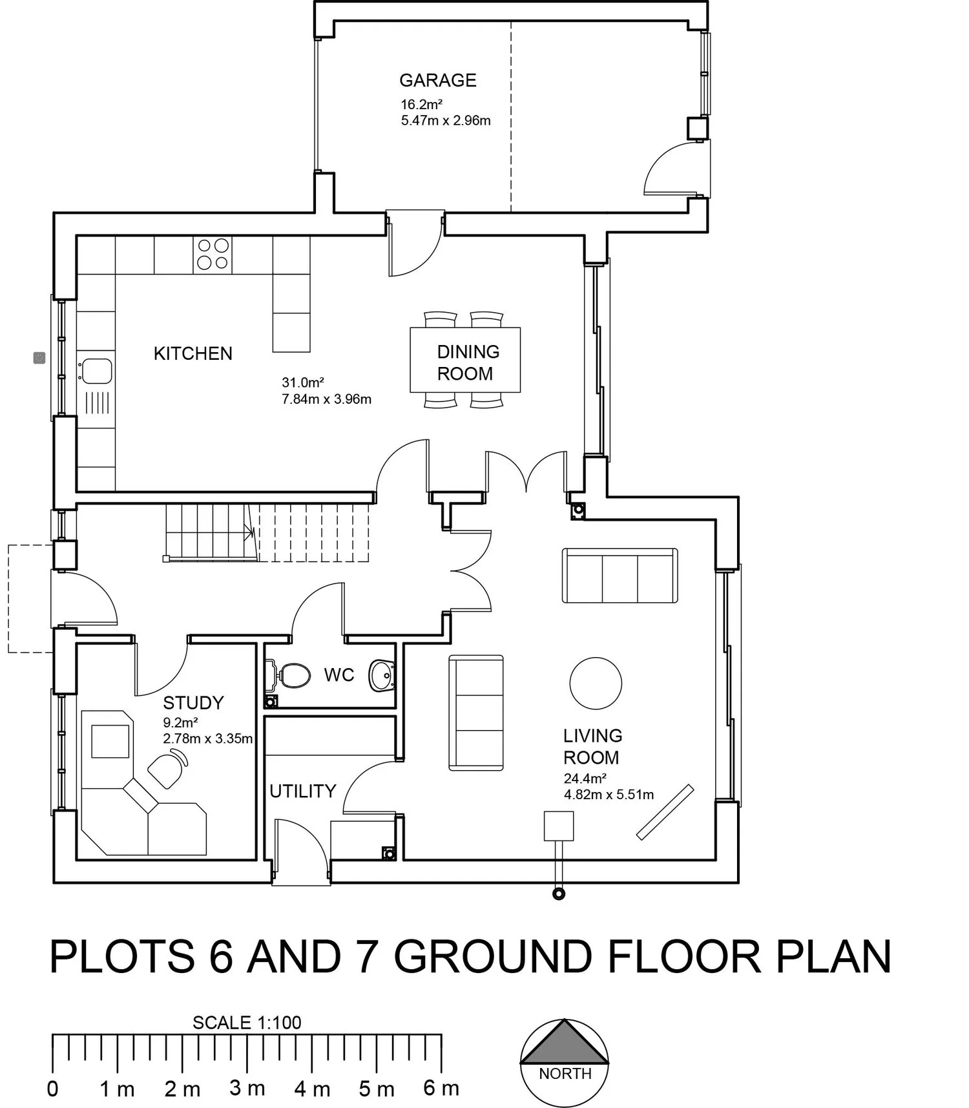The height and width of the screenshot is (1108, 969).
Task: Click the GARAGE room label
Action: coord(437,80)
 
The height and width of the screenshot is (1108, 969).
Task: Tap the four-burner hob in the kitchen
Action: coord(213,254)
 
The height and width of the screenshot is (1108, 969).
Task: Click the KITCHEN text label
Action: coord(193,353)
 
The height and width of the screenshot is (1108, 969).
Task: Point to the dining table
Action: coord(465,361)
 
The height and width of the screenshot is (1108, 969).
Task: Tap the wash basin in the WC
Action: coord(382,675)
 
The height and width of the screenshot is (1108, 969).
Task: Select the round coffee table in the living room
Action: coord(596,684)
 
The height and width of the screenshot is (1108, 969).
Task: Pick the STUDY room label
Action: coord(193,703)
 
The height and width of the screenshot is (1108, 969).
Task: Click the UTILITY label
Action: coord(302,791)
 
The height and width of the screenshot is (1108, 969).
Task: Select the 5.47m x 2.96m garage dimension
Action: coord(446,121)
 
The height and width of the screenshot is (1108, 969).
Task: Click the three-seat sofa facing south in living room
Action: coord(620,576)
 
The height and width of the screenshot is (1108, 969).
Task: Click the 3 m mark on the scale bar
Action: coord(247,1089)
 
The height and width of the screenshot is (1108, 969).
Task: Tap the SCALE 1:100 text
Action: coord(247,1023)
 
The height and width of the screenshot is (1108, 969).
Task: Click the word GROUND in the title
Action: coord(492,957)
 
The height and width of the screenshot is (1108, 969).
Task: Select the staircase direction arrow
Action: coord(249,532)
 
